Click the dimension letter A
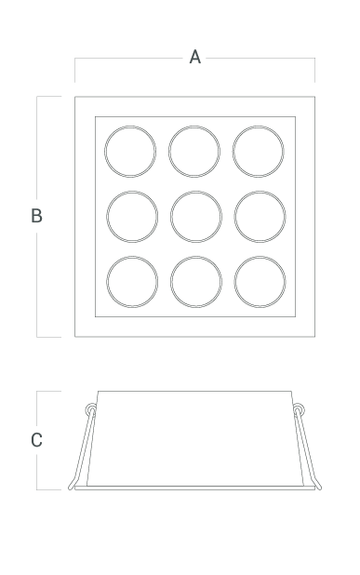195,57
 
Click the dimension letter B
36,216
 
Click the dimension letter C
36,440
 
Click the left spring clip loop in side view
87,409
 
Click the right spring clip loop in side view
303,409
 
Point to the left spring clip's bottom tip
70,488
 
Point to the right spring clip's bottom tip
320,488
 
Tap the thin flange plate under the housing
195,488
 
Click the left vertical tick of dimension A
74,70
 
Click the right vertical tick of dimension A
315,70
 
